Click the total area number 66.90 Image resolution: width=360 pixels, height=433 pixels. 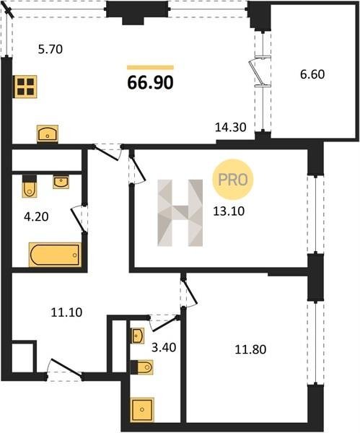(x=151, y=82)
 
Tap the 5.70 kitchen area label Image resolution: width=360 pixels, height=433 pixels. (x=51, y=49)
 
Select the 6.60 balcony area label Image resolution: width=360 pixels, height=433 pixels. (x=312, y=74)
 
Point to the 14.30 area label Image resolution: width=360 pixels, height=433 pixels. (x=231, y=127)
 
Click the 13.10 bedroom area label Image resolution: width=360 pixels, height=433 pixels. (x=229, y=211)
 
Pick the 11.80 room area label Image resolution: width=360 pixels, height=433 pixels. (x=250, y=349)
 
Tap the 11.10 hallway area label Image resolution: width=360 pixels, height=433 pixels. (x=66, y=312)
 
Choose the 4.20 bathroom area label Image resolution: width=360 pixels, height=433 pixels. (x=36, y=216)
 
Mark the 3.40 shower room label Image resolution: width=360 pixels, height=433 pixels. (x=164, y=347)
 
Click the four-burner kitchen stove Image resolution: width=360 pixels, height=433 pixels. (x=25, y=87)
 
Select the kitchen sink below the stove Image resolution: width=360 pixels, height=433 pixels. (x=48, y=134)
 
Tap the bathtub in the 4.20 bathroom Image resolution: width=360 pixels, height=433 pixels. (x=56, y=255)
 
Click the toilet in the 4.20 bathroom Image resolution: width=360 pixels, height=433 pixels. (x=30, y=186)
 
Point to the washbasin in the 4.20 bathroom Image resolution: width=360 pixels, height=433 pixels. (x=61, y=183)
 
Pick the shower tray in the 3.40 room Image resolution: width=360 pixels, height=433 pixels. (x=142, y=409)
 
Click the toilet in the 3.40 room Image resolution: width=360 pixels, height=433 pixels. (x=141, y=367)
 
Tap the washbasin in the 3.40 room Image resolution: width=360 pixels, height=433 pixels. (x=138, y=336)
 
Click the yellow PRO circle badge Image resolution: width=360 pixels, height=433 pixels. (x=233, y=180)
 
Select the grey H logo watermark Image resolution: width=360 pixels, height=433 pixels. (x=180, y=213)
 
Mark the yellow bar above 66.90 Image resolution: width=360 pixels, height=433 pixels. (x=151, y=67)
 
